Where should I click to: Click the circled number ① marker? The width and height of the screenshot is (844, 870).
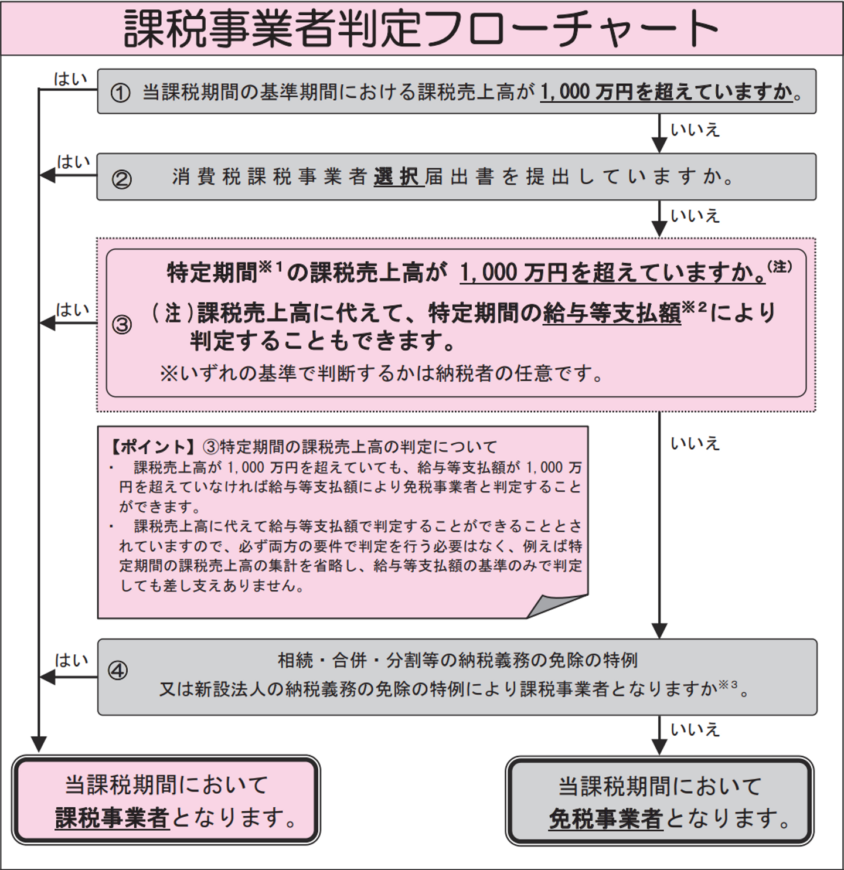tap(120, 93)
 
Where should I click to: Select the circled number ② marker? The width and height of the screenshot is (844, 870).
tap(121, 179)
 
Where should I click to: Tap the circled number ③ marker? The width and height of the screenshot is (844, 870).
tap(121, 324)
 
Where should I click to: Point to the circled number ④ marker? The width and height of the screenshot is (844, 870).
tap(118, 671)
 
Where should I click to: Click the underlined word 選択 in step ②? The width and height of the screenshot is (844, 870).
tap(399, 177)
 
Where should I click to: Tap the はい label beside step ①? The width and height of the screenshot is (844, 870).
tap(70, 79)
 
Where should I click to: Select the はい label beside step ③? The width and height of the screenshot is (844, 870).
tap(73, 310)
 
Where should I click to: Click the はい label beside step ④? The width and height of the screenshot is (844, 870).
tap(72, 661)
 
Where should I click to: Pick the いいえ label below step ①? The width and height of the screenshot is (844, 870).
tap(695, 130)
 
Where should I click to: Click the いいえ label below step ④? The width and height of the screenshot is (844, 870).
tap(695, 730)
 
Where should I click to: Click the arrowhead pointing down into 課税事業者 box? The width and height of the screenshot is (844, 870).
tap(39, 745)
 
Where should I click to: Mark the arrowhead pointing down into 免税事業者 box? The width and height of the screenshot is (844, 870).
tap(659, 747)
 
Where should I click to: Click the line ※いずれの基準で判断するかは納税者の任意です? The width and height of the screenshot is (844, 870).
tap(381, 373)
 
